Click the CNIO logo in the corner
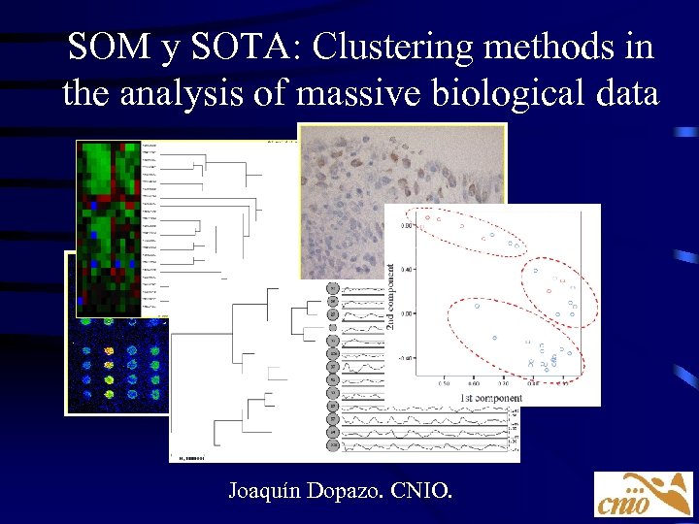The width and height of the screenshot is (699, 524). (x=643, y=493)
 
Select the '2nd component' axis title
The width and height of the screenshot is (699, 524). (x=391, y=296)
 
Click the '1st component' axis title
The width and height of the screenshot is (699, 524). (x=491, y=398)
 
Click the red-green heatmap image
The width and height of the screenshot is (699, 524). (x=109, y=223)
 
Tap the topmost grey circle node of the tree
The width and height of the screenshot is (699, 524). (x=332, y=288)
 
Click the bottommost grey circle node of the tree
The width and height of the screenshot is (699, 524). (x=332, y=445)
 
